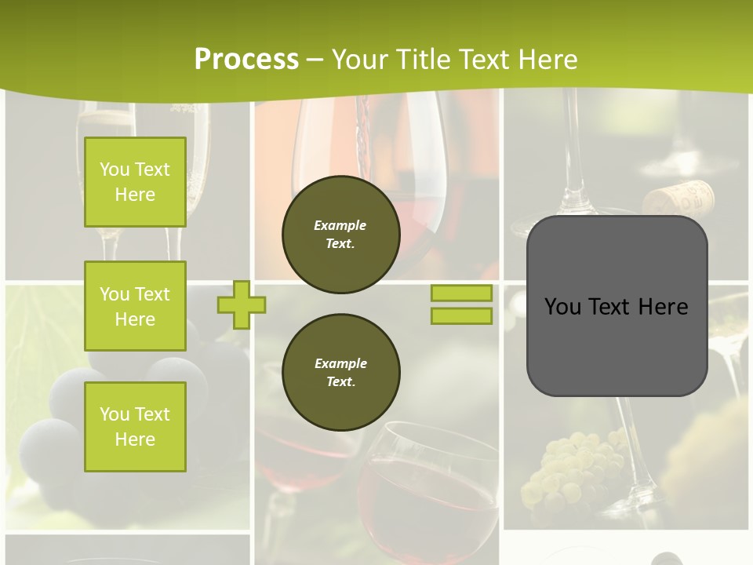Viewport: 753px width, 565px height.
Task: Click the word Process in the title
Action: click(246, 60)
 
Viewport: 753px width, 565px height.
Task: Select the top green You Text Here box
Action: click(135, 182)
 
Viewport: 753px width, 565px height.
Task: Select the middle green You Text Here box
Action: click(135, 306)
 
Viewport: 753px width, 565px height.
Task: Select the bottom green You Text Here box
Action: click(135, 427)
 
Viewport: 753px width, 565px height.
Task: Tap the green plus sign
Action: click(242, 304)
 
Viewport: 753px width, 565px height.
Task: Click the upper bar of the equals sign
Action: click(462, 293)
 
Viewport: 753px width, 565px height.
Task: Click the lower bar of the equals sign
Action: click(462, 316)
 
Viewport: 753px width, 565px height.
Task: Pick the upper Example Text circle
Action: click(341, 235)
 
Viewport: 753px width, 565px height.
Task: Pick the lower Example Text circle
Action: click(341, 372)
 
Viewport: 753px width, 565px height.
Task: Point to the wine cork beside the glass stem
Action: click(679, 198)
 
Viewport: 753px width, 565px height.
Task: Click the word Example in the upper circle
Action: click(340, 225)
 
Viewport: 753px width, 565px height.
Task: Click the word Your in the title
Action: click(360, 60)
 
